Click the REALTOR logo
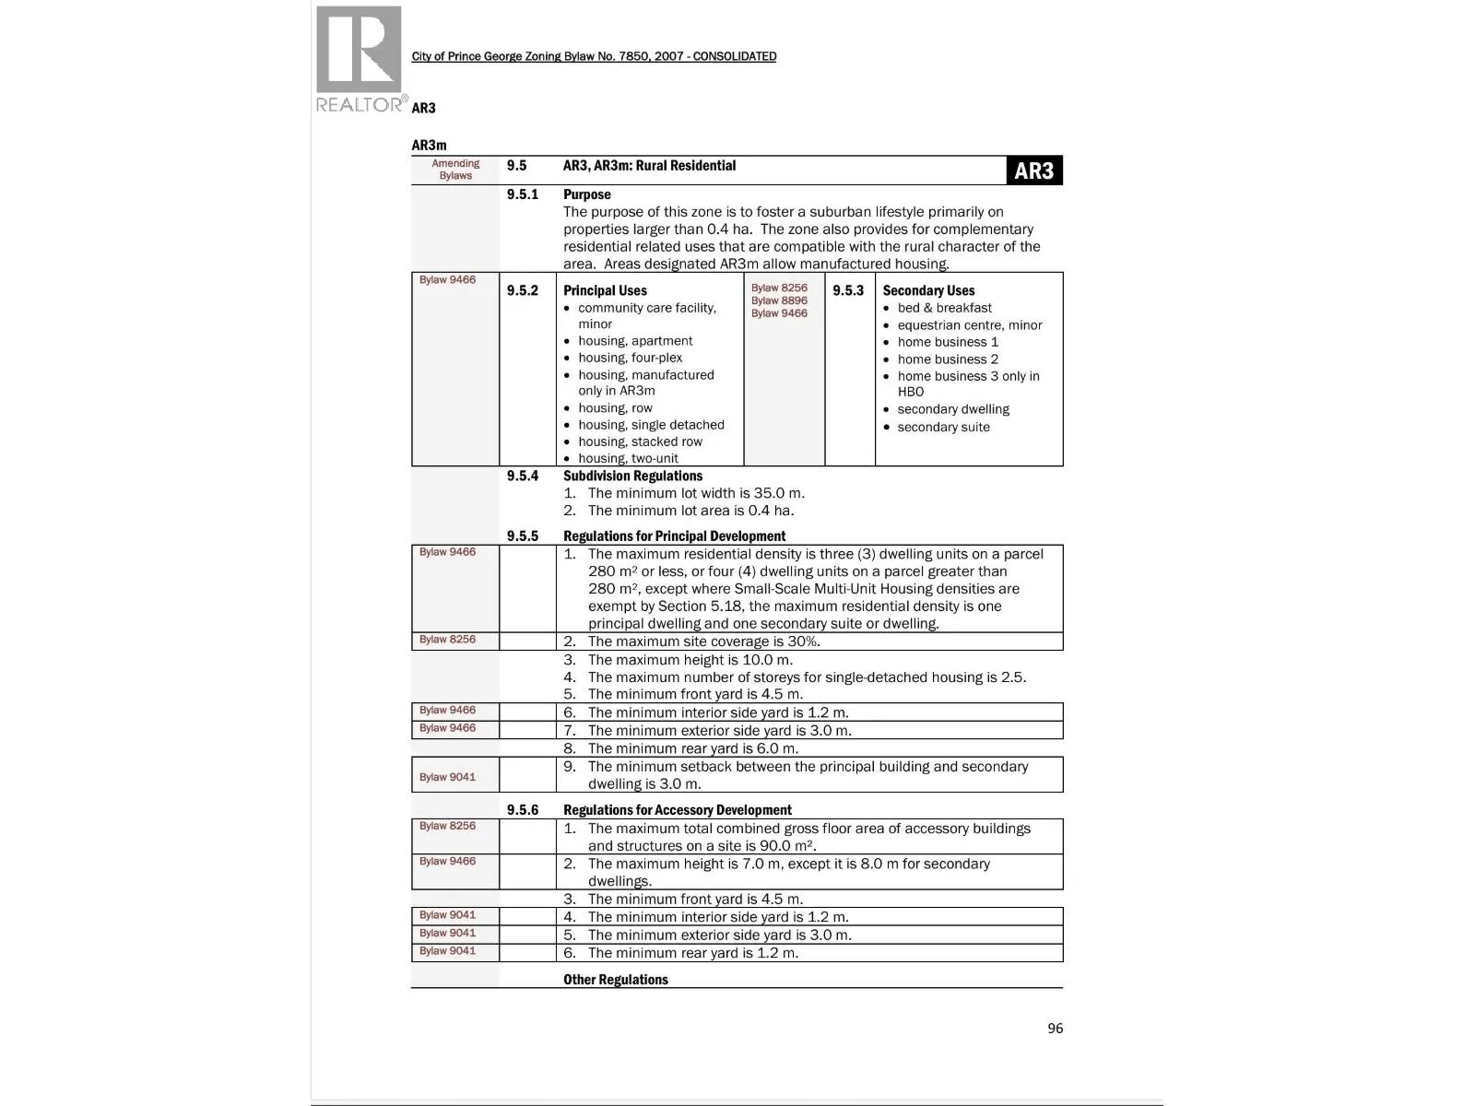pyautogui.click(x=360, y=59)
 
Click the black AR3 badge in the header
pyautogui.click(x=1033, y=171)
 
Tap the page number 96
pyautogui.click(x=1055, y=1029)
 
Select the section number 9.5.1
pyautogui.click(x=522, y=194)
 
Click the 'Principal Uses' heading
pyautogui.click(x=605, y=290)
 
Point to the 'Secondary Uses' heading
pyautogui.click(x=928, y=290)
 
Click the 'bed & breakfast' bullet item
pyautogui.click(x=944, y=308)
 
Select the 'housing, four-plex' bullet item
pyautogui.click(x=630, y=358)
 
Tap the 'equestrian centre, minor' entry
pyautogui.click(x=969, y=325)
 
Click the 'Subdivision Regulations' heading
pyautogui.click(x=632, y=476)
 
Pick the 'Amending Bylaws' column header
pyautogui.click(x=455, y=170)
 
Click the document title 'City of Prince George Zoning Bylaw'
pyautogui.click(x=594, y=56)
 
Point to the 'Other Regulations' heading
pyautogui.click(x=615, y=980)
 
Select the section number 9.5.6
pyautogui.click(x=522, y=810)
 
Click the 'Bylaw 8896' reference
pyautogui.click(x=779, y=300)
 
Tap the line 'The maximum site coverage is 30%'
pyautogui.click(x=703, y=641)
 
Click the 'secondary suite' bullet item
pyautogui.click(x=943, y=427)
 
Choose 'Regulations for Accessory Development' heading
pyautogui.click(x=677, y=810)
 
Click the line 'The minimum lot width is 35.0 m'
pyautogui.click(x=695, y=493)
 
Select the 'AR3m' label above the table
pyautogui.click(x=429, y=146)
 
